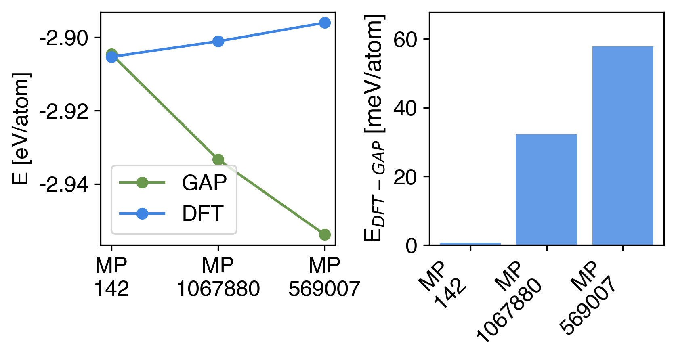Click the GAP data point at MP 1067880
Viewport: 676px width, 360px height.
coord(218,160)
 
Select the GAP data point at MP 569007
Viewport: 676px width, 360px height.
coord(325,234)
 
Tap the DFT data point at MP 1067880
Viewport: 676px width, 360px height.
coord(218,41)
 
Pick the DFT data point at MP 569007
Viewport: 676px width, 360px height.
coord(325,23)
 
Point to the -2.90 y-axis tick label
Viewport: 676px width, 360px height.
coord(64,38)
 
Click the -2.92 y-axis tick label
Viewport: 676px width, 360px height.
coord(64,111)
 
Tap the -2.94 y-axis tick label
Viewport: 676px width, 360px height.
coord(64,185)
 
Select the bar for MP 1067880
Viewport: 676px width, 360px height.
coord(546,190)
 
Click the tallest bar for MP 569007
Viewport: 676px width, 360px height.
coord(623,146)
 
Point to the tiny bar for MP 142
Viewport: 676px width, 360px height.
coord(470,244)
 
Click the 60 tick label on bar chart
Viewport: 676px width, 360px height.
coord(405,40)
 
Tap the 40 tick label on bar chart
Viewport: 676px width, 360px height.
coord(405,108)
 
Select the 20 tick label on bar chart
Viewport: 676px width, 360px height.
coord(405,177)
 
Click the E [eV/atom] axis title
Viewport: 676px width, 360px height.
coord(21,129)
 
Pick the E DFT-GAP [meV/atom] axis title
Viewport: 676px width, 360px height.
coord(374,129)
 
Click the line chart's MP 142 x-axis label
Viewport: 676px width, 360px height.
coord(111,277)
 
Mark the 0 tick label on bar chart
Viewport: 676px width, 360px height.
coord(411,245)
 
